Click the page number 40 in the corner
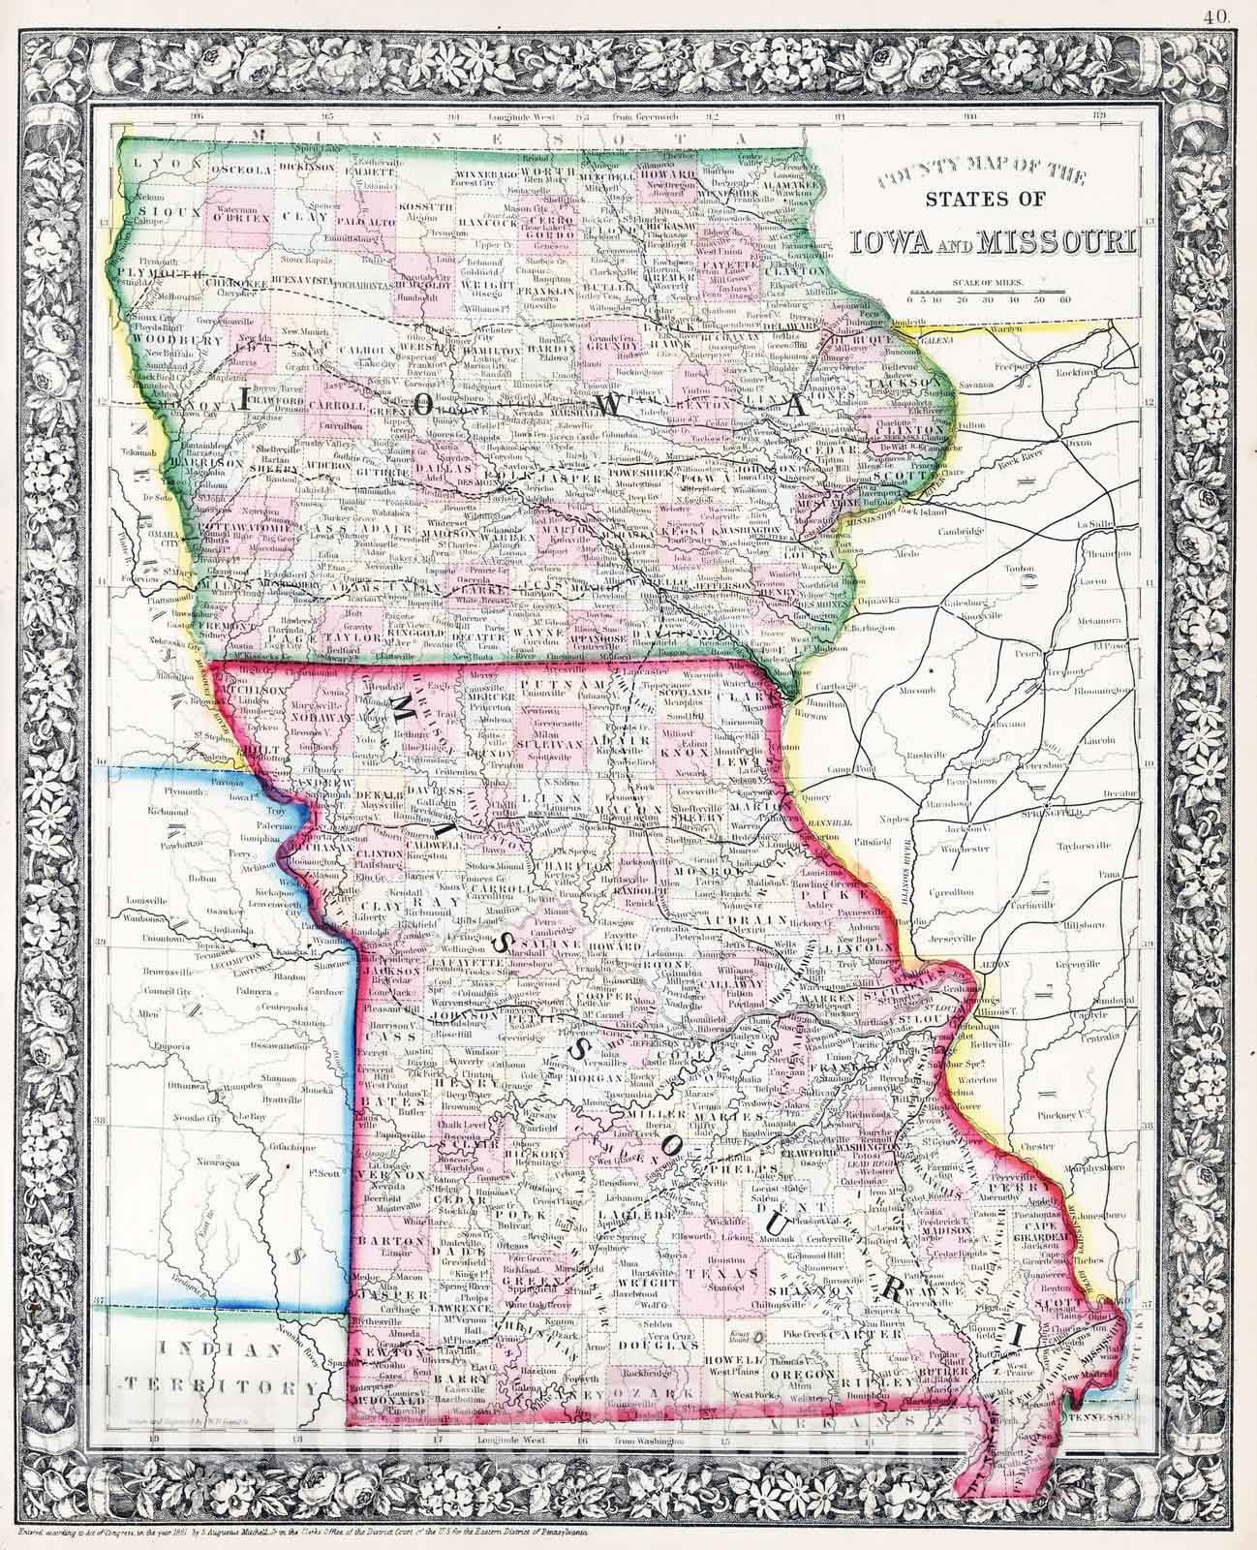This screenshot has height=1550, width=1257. [1237, 14]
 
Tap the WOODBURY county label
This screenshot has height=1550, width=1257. [166, 341]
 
